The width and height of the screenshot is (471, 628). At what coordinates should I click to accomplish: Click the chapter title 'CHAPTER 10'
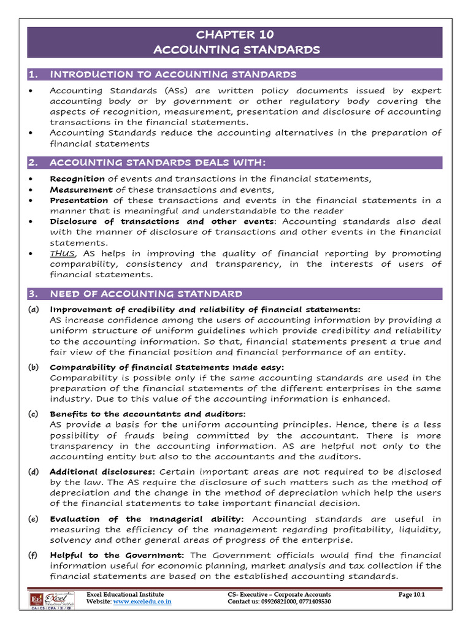[x=235, y=34]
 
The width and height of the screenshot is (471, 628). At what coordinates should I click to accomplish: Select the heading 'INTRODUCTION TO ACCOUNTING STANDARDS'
[x=173, y=75]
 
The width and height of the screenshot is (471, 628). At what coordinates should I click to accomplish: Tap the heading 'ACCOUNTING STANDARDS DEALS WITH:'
[x=157, y=163]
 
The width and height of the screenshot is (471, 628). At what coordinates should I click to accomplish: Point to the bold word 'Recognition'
[x=77, y=178]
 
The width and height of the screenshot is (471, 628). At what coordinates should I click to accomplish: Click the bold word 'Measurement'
[x=81, y=190]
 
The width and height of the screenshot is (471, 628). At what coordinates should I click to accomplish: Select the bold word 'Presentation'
[x=79, y=200]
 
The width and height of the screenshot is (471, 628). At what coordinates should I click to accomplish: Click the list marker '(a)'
[x=34, y=309]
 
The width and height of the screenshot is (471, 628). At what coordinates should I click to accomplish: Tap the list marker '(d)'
[x=34, y=472]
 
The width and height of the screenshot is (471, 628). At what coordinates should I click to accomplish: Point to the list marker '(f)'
[x=34, y=555]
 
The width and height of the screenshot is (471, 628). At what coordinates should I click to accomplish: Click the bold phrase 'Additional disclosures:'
[x=102, y=472]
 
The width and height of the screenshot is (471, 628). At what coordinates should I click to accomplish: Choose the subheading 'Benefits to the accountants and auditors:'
[x=147, y=414]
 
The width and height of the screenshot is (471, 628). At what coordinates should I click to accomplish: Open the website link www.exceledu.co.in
[x=142, y=602]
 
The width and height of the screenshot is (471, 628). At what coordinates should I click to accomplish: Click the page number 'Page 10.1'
[x=411, y=594]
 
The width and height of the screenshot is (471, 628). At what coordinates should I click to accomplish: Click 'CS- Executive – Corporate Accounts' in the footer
[x=278, y=594]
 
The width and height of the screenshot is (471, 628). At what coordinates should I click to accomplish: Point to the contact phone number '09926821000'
[x=276, y=602]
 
